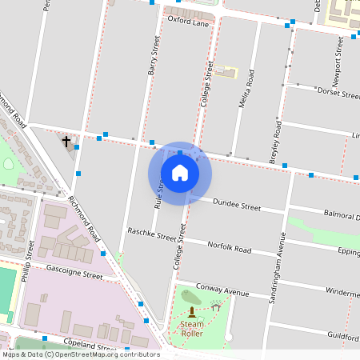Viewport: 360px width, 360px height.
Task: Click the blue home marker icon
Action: pyautogui.click(x=180, y=173)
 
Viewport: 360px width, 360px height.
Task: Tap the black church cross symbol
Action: pyautogui.click(x=66, y=142)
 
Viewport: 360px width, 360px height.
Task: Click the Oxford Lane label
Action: pyautogui.click(x=187, y=23)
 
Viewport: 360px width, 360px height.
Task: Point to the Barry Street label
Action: pyautogui.click(x=154, y=57)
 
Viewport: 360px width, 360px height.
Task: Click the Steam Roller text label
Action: pyautogui.click(x=192, y=328)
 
